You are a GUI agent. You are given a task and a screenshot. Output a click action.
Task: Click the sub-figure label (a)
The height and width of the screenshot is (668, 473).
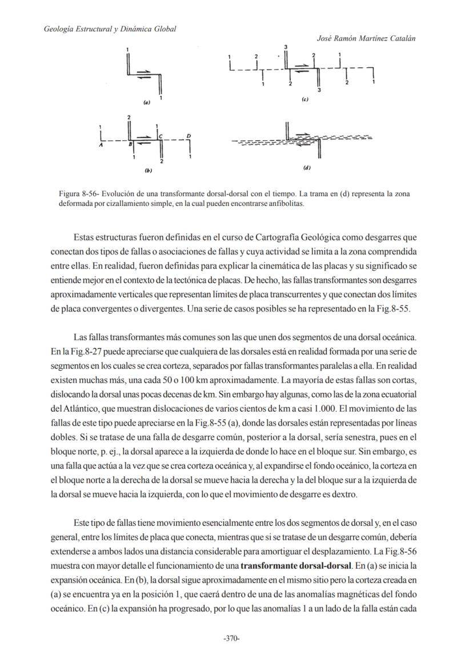(147, 103)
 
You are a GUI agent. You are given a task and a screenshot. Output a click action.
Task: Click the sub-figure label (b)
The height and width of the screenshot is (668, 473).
(148, 171)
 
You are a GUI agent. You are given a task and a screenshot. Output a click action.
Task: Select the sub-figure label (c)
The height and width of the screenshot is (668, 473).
(305, 99)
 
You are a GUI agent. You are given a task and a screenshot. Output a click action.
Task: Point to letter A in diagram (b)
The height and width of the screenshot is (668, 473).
(101, 145)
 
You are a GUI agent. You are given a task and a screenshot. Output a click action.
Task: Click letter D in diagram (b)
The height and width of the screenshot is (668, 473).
(189, 136)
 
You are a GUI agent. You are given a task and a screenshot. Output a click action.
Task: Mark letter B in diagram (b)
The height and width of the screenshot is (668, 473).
(130, 145)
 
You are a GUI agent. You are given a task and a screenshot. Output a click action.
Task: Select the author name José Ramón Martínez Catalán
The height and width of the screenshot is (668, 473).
(366, 38)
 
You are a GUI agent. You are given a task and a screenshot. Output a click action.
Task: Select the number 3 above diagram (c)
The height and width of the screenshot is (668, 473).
(285, 46)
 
